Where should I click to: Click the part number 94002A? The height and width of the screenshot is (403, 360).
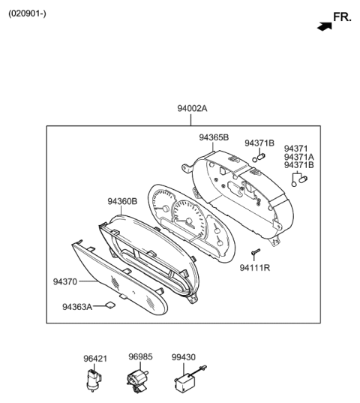click(192, 109)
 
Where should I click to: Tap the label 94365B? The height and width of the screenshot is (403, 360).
click(214, 137)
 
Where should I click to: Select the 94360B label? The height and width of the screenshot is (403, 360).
click(121, 201)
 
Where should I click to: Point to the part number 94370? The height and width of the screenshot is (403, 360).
click(65, 282)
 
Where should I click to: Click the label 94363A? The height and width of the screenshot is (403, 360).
click(77, 306)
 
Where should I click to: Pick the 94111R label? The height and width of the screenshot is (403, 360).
click(255, 267)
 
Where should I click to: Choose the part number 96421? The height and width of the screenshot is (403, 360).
click(95, 359)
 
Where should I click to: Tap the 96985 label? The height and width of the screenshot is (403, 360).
click(139, 357)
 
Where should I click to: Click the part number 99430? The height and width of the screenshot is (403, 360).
click(184, 357)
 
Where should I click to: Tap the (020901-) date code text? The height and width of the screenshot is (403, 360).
click(28, 14)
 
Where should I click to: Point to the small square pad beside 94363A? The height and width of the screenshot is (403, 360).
click(109, 305)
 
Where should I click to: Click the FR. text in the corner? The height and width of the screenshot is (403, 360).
click(342, 17)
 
